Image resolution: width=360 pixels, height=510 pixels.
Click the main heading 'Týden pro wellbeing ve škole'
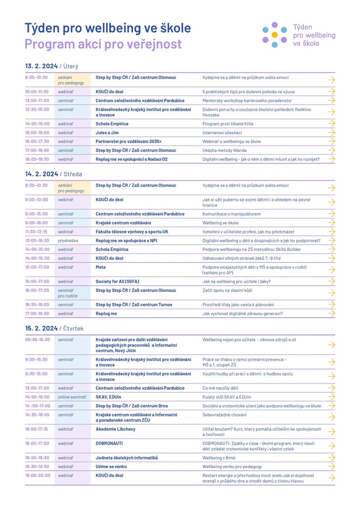[107, 28]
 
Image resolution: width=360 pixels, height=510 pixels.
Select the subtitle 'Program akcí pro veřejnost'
[103, 44]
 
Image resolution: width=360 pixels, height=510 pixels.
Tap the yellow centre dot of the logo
[274, 35]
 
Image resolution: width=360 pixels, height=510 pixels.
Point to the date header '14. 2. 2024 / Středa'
[53, 174]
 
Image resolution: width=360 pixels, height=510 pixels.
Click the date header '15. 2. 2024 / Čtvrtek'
[54, 328]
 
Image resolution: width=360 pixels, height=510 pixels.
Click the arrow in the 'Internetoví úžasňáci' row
[331, 132]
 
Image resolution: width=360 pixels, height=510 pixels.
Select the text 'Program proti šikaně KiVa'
[228, 124]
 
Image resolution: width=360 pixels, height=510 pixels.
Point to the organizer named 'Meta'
[101, 267]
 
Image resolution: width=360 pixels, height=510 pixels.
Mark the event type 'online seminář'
[72, 397]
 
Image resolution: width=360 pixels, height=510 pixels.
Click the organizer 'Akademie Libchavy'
[116, 429]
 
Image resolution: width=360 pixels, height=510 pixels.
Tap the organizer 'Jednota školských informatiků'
[127, 458]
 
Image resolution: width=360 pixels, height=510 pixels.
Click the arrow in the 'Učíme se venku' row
[331, 466]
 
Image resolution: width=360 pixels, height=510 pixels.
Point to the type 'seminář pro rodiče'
[67, 293]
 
